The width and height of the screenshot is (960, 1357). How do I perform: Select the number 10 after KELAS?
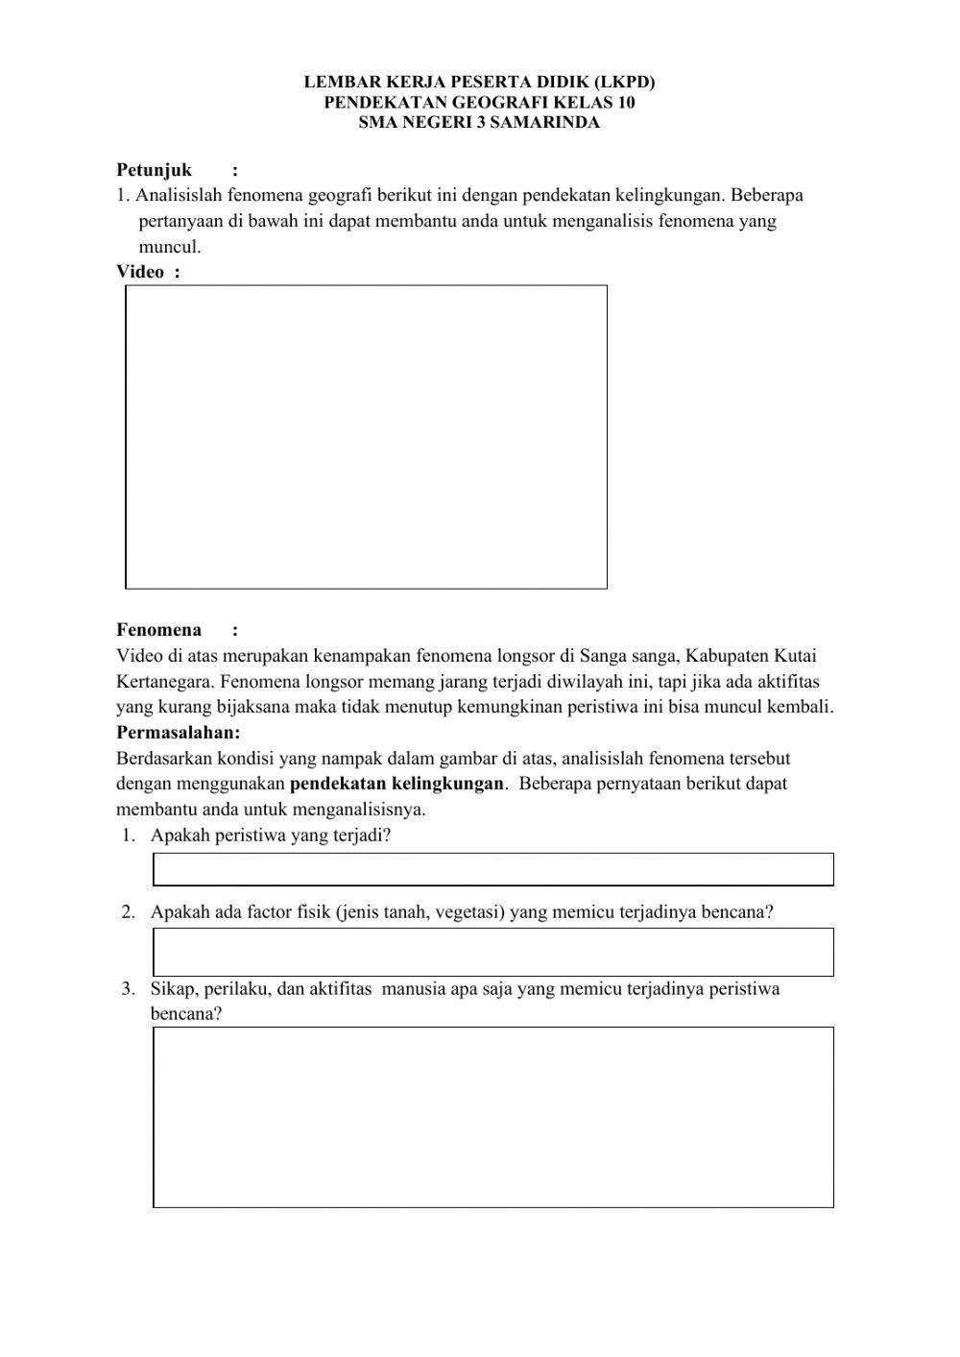(x=625, y=103)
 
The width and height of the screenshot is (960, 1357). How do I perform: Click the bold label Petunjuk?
(x=155, y=170)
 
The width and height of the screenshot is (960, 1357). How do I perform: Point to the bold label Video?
(x=140, y=272)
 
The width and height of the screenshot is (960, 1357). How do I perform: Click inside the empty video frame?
(x=366, y=437)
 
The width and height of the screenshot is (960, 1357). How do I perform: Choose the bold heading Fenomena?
(x=159, y=630)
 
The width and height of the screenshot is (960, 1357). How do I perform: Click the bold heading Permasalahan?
(x=179, y=733)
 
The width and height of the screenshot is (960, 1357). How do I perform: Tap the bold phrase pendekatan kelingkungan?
(x=396, y=784)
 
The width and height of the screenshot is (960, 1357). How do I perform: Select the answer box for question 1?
(x=492, y=869)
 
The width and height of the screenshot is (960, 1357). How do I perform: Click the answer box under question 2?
(x=492, y=952)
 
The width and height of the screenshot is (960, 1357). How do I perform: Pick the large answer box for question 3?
(x=492, y=1117)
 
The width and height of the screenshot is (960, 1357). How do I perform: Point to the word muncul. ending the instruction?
(x=170, y=247)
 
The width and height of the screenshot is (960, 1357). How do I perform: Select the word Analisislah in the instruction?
(x=179, y=196)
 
